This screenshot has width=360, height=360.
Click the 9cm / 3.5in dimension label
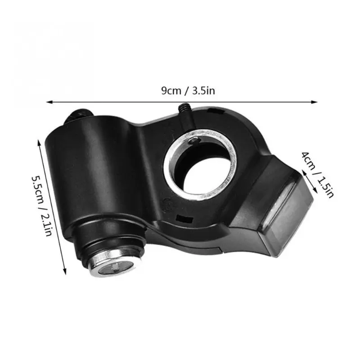pyautogui.click(x=188, y=91)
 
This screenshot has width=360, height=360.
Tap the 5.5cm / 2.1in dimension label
pyautogui.click(x=42, y=206)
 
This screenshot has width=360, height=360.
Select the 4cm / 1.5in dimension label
pyautogui.click(x=317, y=175)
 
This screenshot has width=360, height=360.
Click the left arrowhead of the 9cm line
pyautogui.click(x=50, y=102)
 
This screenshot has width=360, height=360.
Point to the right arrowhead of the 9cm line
pyautogui.click(x=314, y=102)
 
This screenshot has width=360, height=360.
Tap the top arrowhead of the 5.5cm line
pyautogui.click(x=39, y=143)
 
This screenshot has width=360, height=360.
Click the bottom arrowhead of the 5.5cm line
pyautogui.click(x=65, y=271)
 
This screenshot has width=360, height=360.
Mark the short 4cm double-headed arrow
pyautogui.click(x=309, y=182)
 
